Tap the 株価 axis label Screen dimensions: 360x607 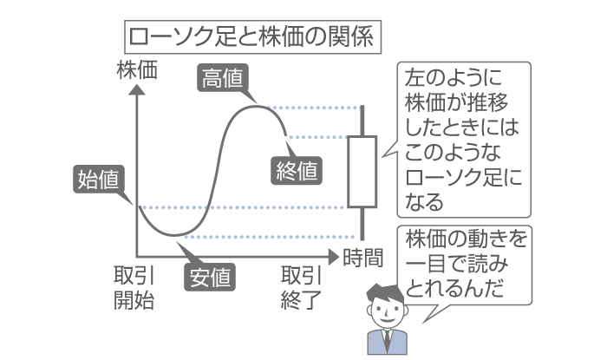click(x=138, y=71)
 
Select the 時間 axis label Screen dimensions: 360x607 click(x=363, y=257)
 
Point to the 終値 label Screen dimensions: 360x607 click(x=297, y=170)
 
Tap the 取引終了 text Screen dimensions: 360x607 click(x=301, y=288)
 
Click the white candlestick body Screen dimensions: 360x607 click(x=361, y=171)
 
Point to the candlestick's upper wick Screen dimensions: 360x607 click(x=361, y=121)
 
